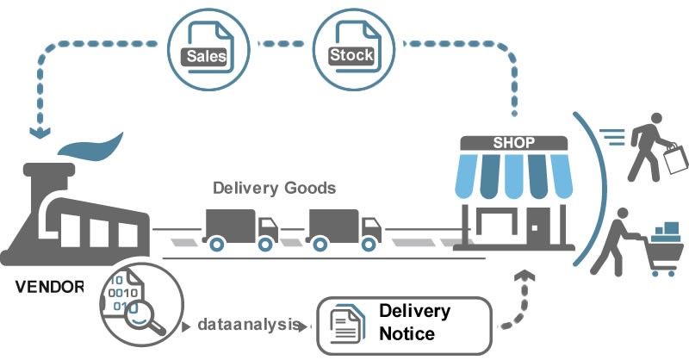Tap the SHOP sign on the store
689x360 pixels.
pyautogui.click(x=514, y=143)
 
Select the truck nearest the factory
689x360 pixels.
pyautogui.click(x=241, y=229)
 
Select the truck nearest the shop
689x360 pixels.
pyautogui.click(x=344, y=229)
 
